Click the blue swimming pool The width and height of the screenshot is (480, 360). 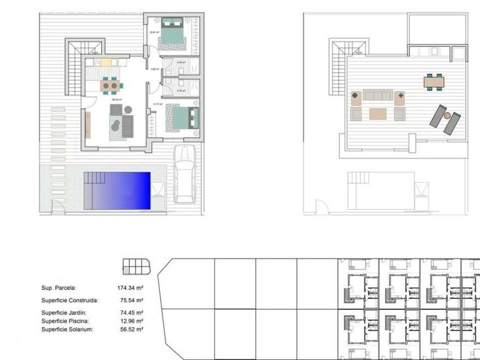pos(118,191)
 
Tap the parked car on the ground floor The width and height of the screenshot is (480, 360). pos(185,173)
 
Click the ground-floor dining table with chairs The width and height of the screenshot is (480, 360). pos(109,84)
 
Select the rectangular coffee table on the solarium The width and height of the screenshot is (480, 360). pos(377,113)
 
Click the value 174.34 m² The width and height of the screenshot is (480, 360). pos(130,288)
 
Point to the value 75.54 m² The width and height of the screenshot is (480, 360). pos(130,301)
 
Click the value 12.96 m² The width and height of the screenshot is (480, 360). pos(130,321)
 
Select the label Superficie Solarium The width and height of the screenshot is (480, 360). pos(66,329)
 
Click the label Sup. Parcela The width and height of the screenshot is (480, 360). pos(59,288)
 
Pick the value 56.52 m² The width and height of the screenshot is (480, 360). pos(130,329)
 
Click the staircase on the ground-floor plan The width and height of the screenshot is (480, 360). pos(85,47)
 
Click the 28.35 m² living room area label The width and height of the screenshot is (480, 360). pos(116,99)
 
